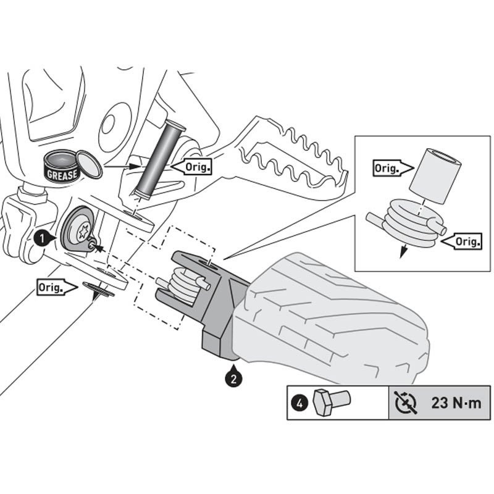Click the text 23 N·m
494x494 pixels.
point(456,403)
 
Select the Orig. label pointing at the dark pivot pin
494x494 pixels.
point(193,166)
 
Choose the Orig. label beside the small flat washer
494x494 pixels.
point(54,288)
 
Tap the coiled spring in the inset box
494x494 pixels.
point(408,223)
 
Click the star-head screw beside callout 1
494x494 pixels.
point(78,232)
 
